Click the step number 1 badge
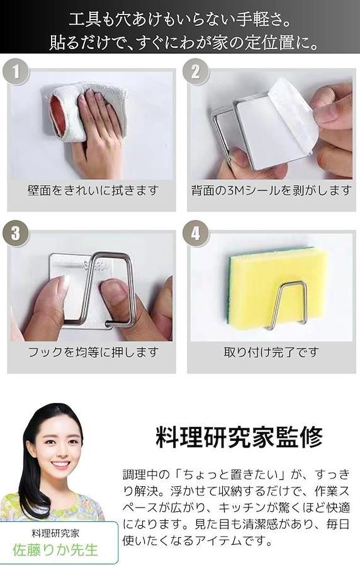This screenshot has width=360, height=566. point(16,71)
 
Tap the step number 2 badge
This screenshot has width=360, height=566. point(195,71)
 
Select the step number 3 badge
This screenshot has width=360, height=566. point(16,233)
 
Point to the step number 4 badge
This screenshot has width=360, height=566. point(195,233)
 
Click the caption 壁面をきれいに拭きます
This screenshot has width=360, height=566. point(93,190)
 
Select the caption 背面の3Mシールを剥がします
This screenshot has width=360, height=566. point(271,190)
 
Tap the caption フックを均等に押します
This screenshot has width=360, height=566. point(93,352)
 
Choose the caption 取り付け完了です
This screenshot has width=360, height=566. point(271,352)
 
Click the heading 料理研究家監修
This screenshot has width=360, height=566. point(239,437)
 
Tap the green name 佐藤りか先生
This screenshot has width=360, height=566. point(55,550)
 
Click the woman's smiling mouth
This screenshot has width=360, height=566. point(60,465)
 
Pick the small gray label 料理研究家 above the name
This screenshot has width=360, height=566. point(55,533)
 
